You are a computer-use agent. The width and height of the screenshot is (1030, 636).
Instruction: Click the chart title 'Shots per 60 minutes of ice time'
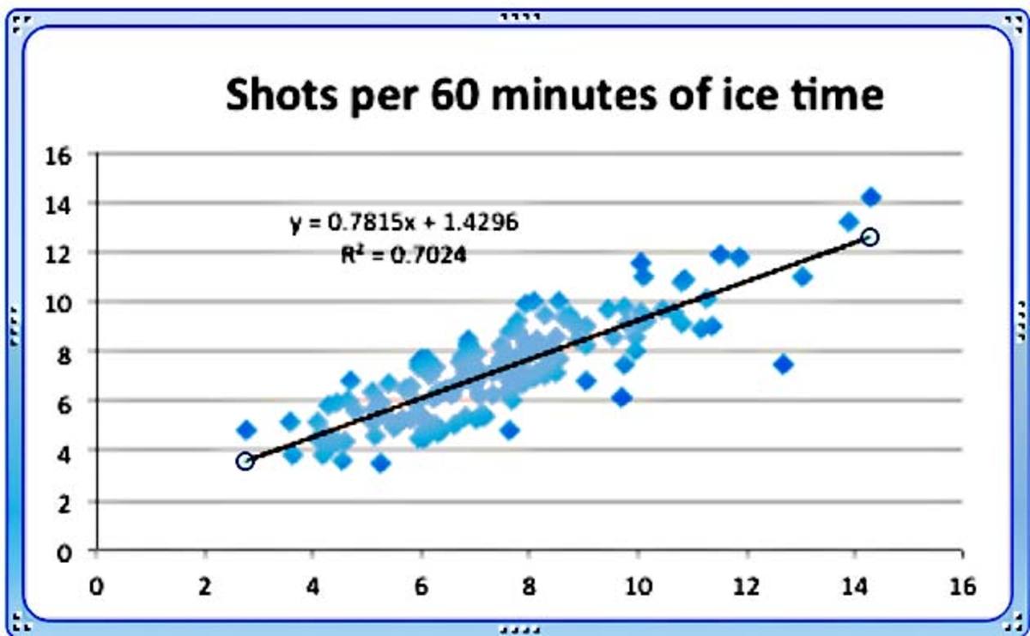554,94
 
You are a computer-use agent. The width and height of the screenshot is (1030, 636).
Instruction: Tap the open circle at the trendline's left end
245,461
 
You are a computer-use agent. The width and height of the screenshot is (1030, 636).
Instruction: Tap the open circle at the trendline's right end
869,237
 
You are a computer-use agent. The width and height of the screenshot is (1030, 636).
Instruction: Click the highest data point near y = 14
871,197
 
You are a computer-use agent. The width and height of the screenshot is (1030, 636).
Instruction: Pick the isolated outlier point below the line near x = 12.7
783,364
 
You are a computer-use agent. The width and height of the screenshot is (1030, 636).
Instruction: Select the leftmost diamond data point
246,429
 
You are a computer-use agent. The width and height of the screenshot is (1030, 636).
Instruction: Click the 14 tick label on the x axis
856,587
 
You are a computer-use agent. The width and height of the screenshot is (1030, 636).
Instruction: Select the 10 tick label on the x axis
638,587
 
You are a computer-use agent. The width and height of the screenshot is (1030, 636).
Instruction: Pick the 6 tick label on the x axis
421,587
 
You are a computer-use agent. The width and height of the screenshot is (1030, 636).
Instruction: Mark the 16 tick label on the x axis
963,587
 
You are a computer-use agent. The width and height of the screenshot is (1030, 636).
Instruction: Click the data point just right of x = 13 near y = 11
803,276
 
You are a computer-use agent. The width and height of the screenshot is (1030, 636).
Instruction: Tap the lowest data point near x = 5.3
381,463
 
